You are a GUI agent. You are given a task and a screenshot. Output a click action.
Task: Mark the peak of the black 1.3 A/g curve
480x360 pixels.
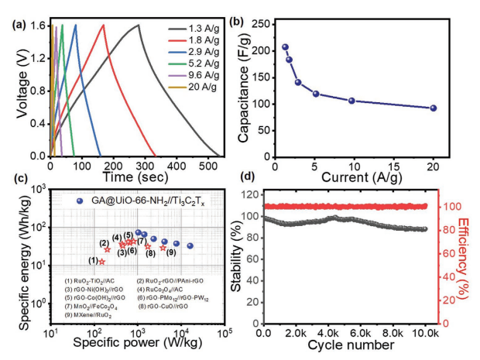[138, 25]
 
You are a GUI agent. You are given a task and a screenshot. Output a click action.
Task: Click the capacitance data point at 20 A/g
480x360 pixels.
[434, 108]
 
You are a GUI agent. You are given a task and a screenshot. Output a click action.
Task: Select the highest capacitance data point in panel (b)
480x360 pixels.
[285, 47]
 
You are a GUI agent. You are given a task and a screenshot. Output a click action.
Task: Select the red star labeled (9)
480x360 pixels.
[163, 248]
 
